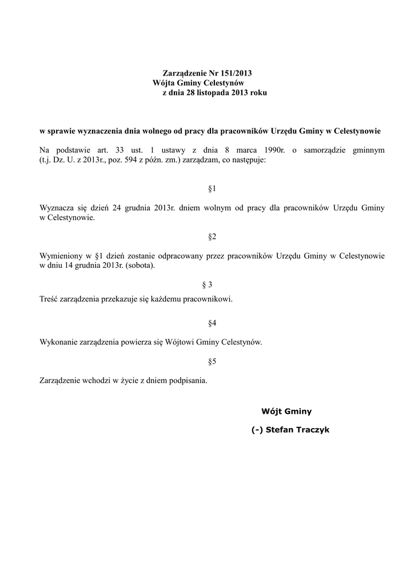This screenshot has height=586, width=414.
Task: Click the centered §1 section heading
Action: (x=212, y=188)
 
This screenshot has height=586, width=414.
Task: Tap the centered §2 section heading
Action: (x=212, y=236)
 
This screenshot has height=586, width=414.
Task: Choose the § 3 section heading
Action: (x=208, y=284)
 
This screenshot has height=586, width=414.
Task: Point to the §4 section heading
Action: (x=212, y=323)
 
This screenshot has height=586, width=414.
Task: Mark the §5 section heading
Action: (x=212, y=362)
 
